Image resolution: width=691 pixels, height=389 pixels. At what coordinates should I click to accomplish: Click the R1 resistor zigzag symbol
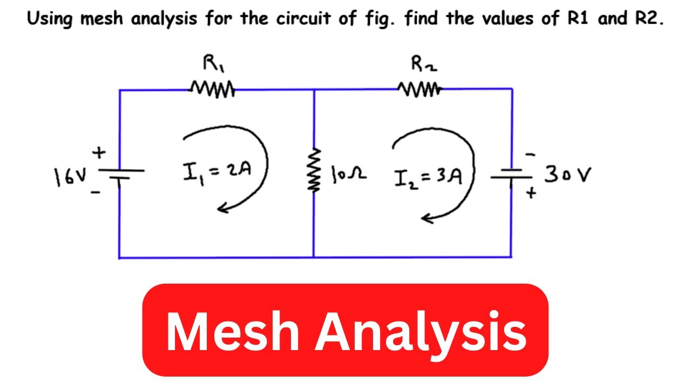click(212, 88)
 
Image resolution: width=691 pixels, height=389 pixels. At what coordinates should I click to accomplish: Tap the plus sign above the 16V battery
click(98, 153)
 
